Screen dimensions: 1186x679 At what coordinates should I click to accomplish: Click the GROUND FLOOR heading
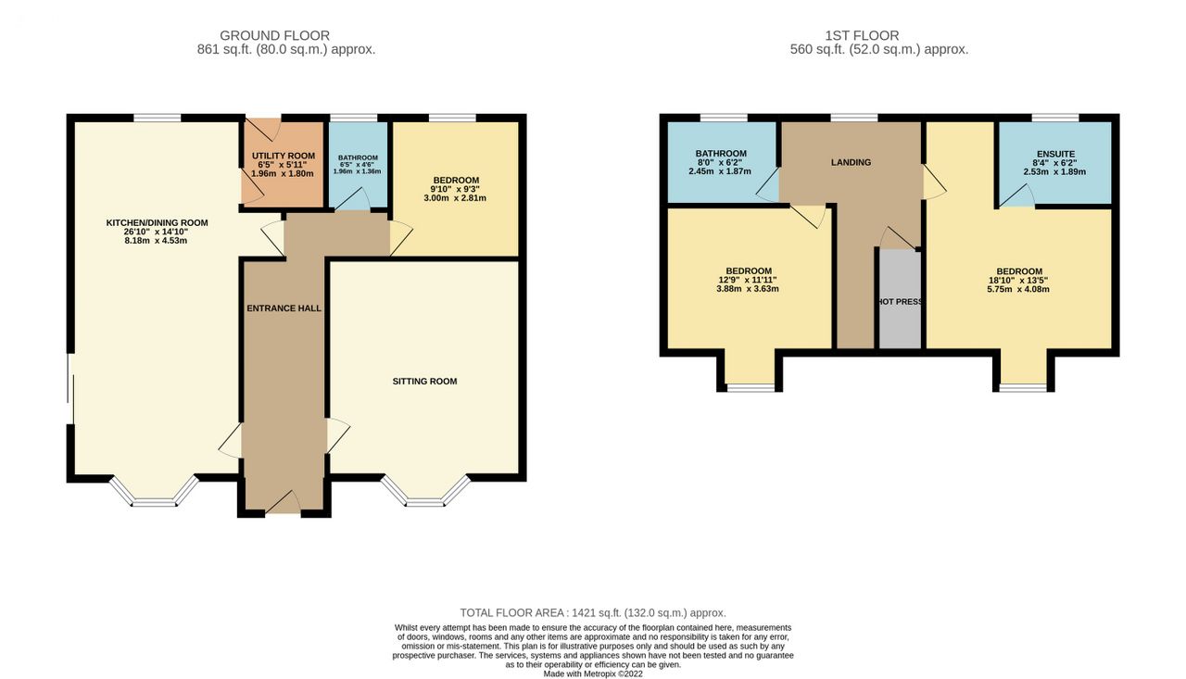tap(274, 35)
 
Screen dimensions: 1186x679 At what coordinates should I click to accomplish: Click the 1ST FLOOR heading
tap(862, 35)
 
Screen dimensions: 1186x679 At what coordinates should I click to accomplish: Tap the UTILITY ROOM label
tap(284, 156)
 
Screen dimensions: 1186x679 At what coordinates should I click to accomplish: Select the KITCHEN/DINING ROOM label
tap(157, 223)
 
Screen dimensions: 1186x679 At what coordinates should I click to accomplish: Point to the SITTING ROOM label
tap(424, 381)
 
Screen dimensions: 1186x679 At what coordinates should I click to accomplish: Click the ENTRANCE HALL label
tap(284, 308)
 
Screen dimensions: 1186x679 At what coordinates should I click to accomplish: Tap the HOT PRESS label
tap(900, 302)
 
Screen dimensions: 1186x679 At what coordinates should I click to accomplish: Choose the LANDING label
tap(851, 162)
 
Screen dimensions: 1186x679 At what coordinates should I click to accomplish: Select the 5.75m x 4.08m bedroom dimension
tap(1018, 289)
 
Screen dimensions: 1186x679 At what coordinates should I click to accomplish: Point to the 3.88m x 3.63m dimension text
tap(748, 289)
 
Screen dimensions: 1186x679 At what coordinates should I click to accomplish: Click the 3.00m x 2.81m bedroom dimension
tap(455, 198)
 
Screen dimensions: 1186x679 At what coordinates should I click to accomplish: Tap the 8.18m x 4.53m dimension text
tap(156, 240)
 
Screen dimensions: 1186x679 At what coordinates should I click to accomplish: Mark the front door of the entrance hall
tap(283, 503)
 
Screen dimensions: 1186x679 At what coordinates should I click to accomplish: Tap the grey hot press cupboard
tap(900, 299)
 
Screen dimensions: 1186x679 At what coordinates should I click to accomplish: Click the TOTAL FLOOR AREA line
tap(593, 613)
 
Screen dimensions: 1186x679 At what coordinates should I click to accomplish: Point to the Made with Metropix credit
tap(593, 673)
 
